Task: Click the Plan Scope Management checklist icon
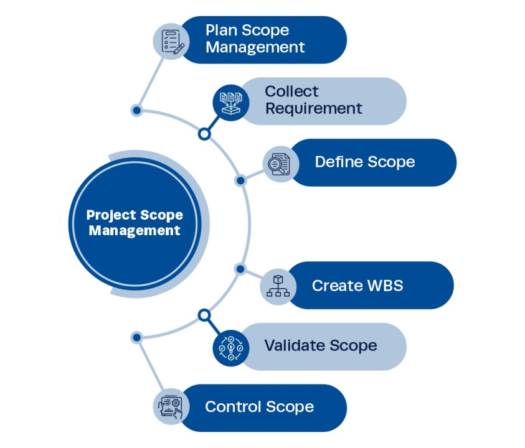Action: (x=171, y=40)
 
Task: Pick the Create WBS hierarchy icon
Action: (x=278, y=286)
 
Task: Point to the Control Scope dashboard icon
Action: (x=171, y=408)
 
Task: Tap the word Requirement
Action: (x=313, y=108)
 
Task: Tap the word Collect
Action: (x=291, y=91)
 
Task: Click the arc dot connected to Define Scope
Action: (x=240, y=180)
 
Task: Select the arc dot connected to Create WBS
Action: (x=240, y=268)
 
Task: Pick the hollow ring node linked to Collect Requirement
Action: (x=204, y=134)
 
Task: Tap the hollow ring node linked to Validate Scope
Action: (x=204, y=315)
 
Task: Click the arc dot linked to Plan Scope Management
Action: (x=136, y=111)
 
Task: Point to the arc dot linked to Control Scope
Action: (x=136, y=337)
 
